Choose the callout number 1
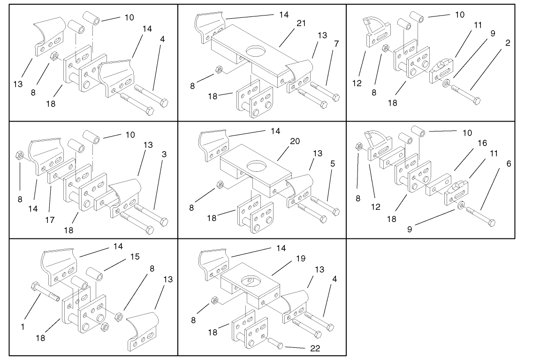[22, 327]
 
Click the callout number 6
[509, 164]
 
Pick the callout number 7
[336, 43]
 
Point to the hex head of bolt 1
[36, 286]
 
